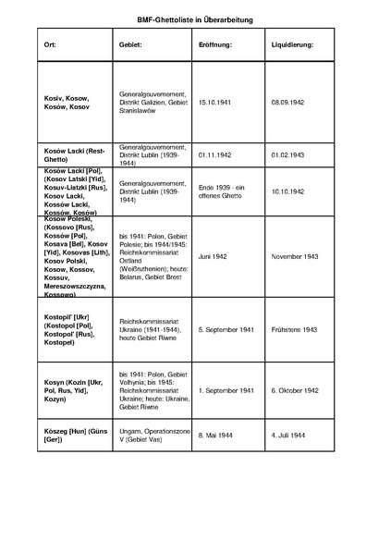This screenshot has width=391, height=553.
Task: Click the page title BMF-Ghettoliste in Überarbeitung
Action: [x=195, y=18]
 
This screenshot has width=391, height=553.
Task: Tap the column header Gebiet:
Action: [x=131, y=44]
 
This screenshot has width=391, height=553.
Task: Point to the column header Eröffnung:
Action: [x=214, y=44]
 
